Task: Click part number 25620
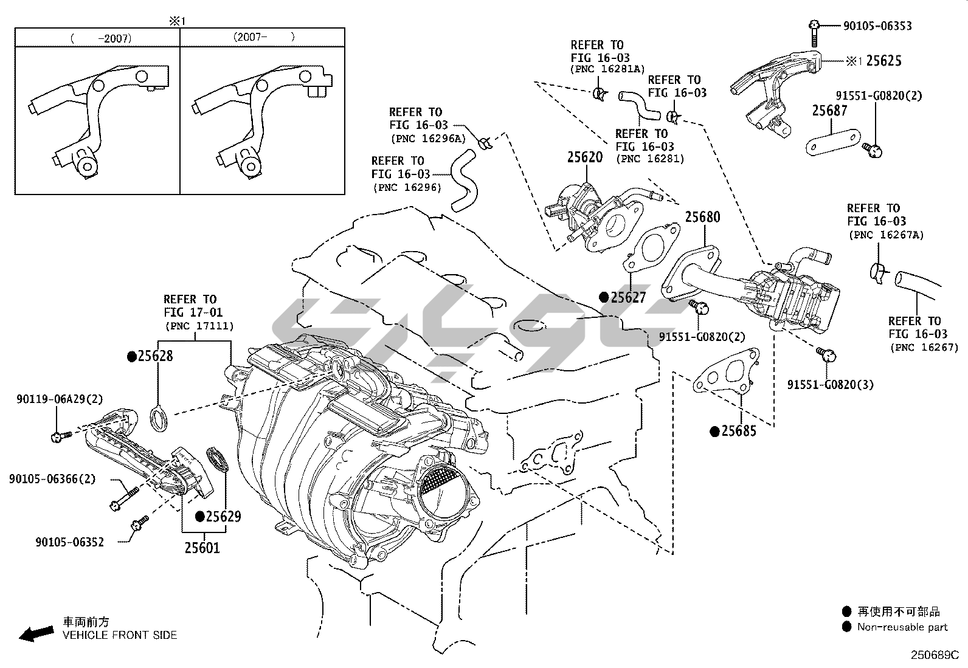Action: (585, 157)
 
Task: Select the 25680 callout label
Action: (703, 217)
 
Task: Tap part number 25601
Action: (202, 548)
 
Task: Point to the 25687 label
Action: (830, 111)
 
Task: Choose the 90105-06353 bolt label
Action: (877, 26)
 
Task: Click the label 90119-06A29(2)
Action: (60, 399)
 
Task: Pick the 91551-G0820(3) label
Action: (830, 385)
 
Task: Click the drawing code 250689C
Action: (935, 655)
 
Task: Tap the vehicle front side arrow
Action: (36, 634)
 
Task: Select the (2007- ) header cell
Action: (262, 37)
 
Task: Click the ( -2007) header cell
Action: (97, 38)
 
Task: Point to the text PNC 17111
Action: (199, 326)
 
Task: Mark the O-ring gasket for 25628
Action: (159, 418)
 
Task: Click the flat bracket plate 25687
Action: (833, 142)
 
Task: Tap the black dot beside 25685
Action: (715, 431)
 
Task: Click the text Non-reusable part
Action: (902, 627)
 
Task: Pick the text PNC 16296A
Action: (428, 139)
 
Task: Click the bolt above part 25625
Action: (814, 33)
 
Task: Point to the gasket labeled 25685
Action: (726, 372)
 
